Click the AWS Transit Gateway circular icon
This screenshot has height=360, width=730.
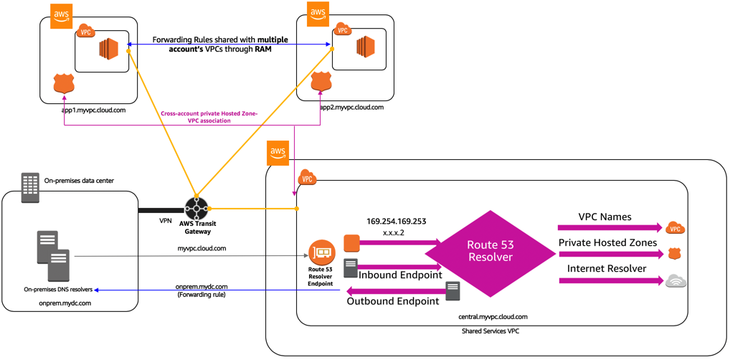coord(197,209)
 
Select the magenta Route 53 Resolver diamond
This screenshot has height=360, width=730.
coord(490,254)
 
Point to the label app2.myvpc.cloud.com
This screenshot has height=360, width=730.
coord(352,107)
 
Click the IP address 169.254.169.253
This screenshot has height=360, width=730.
coord(396,221)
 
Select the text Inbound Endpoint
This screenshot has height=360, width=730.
coord(400,275)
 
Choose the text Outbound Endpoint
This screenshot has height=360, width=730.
coord(394,301)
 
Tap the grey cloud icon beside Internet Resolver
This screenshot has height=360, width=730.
coord(676,281)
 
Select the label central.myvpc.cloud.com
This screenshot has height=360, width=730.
coord(493,317)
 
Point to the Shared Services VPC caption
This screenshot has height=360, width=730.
coord(490,331)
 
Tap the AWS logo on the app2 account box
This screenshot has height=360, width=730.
coord(318,13)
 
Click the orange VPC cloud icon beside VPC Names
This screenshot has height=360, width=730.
coord(676,228)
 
